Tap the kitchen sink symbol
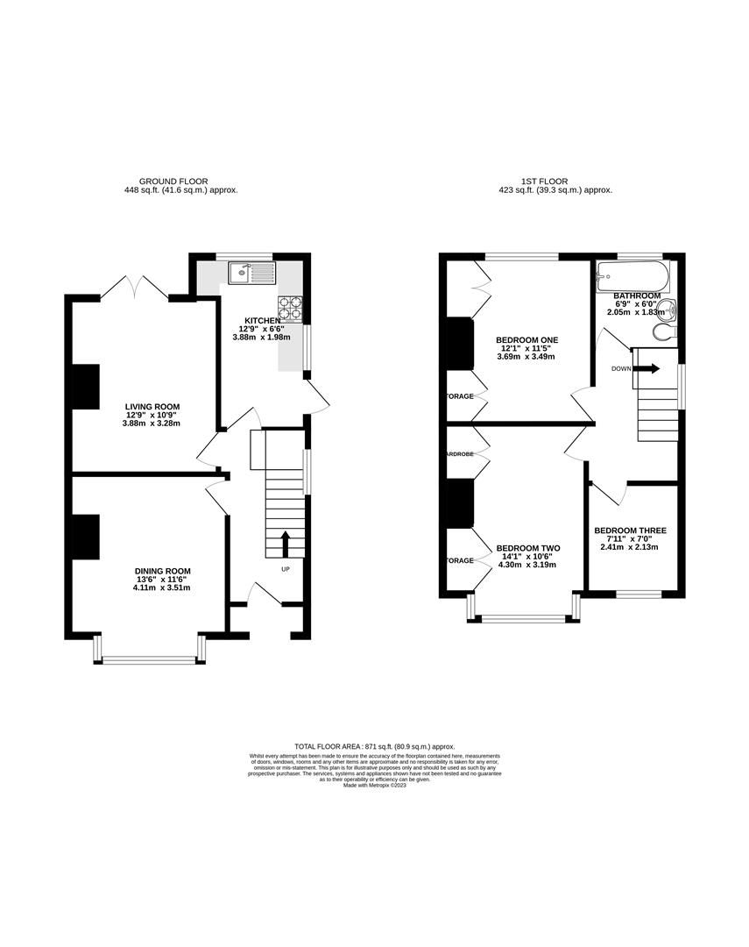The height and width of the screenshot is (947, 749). coord(251,274)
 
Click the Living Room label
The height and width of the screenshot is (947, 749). coord(152,406)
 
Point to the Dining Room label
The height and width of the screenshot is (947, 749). coord(162,571)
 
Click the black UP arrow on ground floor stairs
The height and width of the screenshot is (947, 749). coord(285,543)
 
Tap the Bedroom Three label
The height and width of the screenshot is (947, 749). coord(630,530)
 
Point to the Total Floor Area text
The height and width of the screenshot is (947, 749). coord(374,746)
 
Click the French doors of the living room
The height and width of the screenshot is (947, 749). coord(135,287)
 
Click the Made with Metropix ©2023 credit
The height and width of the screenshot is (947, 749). coord(375,786)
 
